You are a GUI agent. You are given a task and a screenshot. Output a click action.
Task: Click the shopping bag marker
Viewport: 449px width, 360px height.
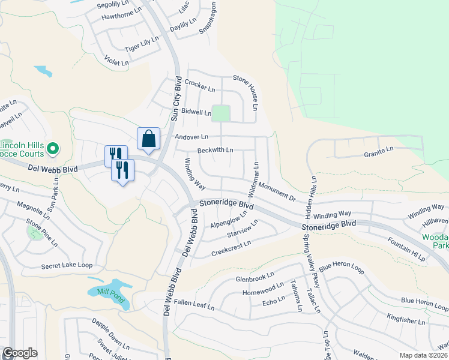click(x=148, y=139)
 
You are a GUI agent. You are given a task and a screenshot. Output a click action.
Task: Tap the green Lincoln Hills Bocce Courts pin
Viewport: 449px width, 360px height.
click(x=52, y=148)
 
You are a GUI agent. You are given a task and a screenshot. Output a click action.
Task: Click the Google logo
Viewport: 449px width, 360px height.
click(x=20, y=353)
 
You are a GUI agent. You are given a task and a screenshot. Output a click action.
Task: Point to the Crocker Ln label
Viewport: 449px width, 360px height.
click(x=200, y=85)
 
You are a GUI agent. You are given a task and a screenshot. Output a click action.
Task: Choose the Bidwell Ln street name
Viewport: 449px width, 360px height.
click(x=196, y=112)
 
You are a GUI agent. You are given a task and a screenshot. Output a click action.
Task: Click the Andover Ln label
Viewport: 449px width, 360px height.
click(x=191, y=137)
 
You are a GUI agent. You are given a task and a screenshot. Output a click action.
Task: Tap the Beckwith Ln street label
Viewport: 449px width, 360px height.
click(x=215, y=149)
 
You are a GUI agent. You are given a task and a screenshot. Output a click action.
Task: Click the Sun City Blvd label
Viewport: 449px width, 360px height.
click(x=176, y=100)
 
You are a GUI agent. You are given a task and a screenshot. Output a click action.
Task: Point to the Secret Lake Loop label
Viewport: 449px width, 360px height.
click(x=67, y=265)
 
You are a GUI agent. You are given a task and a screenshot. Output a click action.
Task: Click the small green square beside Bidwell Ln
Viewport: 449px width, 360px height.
click(x=221, y=113)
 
